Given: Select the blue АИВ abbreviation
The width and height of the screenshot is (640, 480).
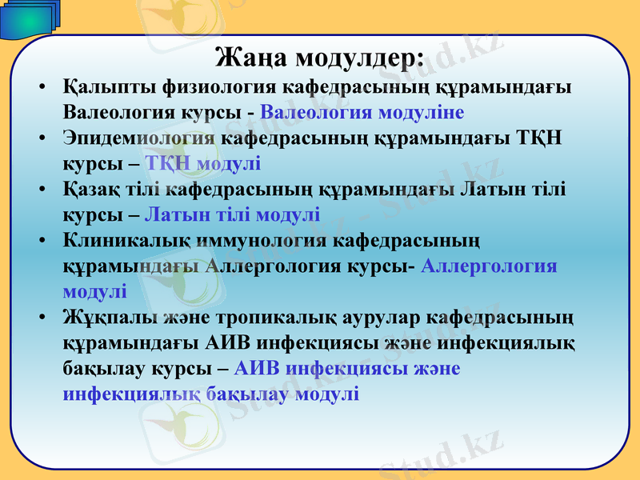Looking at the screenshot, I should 258,369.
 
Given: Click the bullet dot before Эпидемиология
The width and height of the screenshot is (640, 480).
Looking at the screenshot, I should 41,138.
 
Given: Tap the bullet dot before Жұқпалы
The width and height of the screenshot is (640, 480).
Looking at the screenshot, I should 41,318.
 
